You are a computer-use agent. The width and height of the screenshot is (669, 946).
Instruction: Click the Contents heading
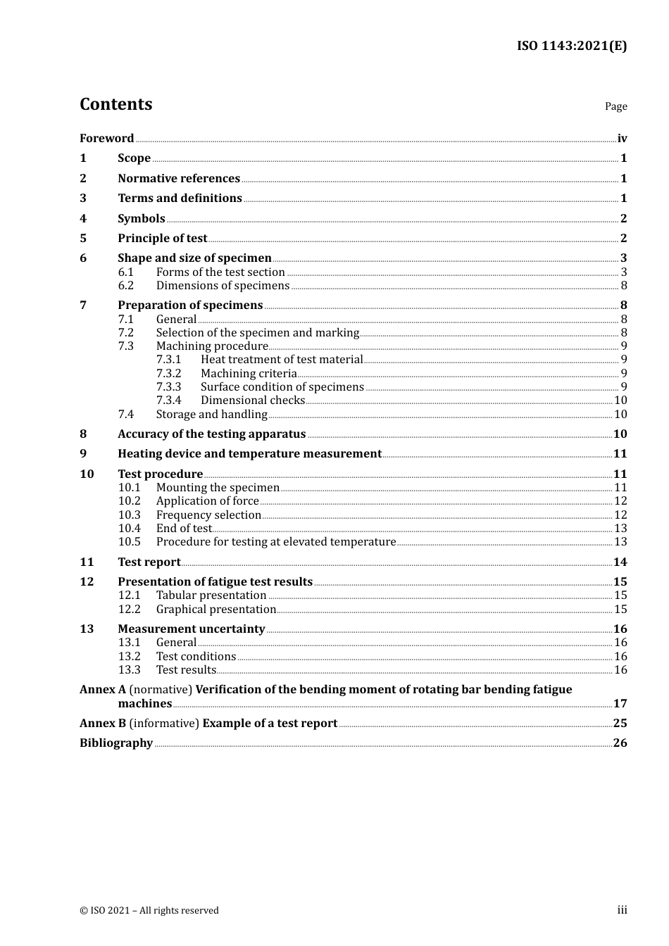115,104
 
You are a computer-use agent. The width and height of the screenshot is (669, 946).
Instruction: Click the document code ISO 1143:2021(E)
571,46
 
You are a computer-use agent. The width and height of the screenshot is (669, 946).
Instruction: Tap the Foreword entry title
106,139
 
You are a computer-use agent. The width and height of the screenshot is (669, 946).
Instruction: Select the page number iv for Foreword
622,139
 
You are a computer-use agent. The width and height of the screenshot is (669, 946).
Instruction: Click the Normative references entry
179,179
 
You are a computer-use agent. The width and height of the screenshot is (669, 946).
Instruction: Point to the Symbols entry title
141,219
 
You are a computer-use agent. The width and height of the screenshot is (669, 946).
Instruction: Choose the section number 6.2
126,286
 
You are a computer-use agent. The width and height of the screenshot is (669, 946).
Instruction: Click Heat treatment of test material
282,360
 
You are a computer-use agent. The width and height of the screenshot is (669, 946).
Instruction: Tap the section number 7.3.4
168,401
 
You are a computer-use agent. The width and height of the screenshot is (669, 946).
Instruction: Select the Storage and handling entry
211,415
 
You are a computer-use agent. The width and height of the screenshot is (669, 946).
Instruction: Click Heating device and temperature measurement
249,454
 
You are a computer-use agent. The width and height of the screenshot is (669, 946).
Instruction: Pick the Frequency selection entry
208,515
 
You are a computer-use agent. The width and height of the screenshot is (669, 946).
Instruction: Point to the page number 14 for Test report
620,562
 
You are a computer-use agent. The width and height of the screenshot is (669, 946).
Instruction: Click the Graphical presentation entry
215,610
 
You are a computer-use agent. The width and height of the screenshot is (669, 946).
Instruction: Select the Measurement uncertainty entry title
191,629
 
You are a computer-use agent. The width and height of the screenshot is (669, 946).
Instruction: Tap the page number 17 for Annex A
620,704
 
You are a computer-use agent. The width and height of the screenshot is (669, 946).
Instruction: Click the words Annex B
103,724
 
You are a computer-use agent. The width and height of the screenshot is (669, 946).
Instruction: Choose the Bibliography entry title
116,743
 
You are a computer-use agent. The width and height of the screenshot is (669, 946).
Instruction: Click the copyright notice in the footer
149,911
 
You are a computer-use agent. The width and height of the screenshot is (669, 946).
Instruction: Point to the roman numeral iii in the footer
622,910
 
